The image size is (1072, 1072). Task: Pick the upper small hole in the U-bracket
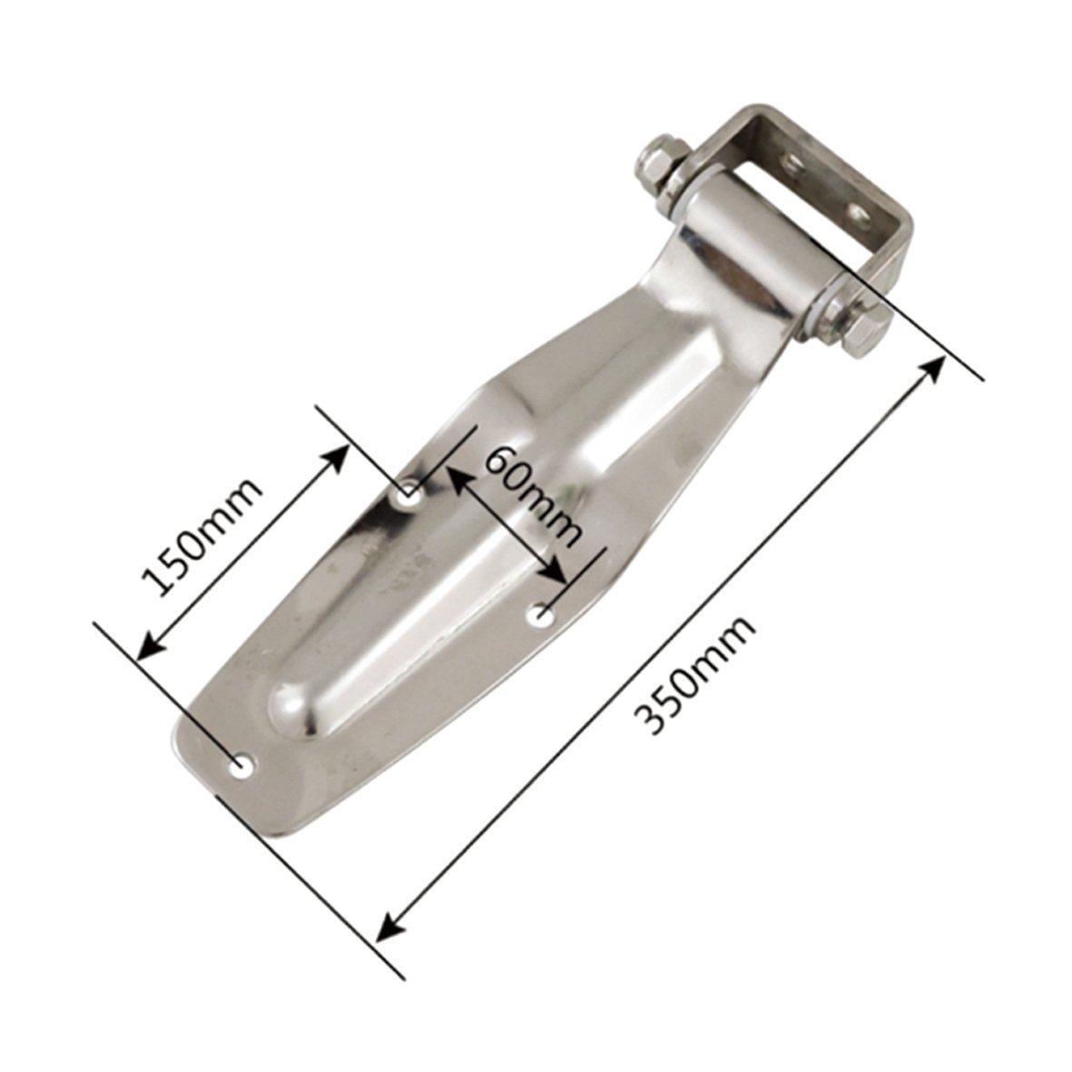(794, 162)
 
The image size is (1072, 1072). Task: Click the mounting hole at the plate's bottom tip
(242, 765)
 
